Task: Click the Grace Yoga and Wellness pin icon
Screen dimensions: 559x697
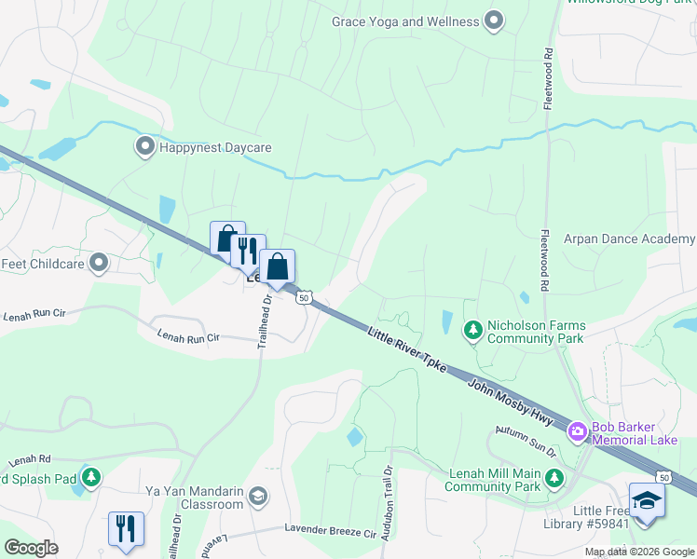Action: coord(495,20)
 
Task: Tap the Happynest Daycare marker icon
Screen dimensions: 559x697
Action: coord(144,146)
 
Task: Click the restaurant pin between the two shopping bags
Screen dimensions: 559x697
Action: coord(248,251)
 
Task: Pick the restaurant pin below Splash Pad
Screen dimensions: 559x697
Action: coord(126,528)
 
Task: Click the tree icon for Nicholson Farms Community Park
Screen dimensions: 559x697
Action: coord(473,329)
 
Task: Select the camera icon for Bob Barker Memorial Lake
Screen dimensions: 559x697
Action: coord(577,430)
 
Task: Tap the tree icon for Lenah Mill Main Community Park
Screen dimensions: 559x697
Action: coord(554,478)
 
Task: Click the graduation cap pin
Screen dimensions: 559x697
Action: coord(647,500)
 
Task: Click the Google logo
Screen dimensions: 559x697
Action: coord(31,548)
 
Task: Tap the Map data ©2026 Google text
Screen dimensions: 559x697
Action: coord(638,552)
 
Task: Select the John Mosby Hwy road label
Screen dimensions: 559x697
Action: coord(511,402)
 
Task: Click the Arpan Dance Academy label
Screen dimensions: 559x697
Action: coord(629,239)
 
